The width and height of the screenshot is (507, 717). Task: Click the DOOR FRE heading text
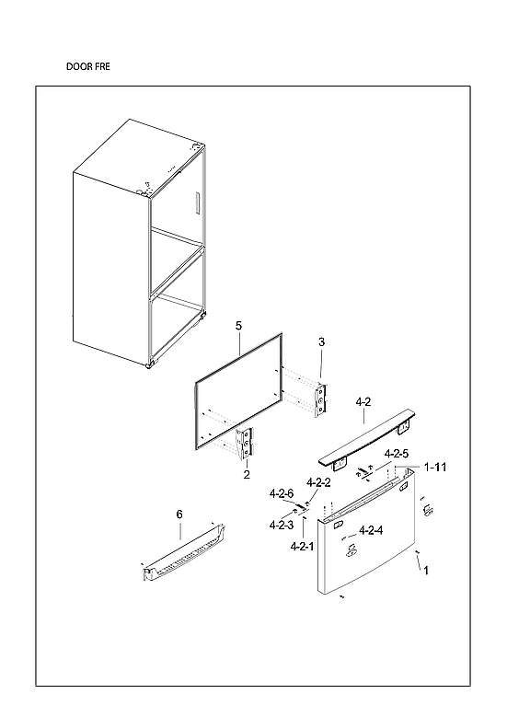(89, 67)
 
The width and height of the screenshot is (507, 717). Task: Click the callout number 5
(238, 326)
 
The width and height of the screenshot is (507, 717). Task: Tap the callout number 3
(321, 342)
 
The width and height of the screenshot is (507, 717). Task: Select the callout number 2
(247, 475)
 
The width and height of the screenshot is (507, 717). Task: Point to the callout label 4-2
(363, 402)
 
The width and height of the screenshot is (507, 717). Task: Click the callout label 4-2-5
(397, 454)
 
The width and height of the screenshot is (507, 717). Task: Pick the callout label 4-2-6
(281, 494)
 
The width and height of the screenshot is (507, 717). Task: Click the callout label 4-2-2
(318, 483)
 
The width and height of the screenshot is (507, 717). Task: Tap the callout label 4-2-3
(281, 525)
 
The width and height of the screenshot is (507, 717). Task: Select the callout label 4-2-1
(302, 546)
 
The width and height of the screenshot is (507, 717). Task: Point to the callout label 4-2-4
(371, 530)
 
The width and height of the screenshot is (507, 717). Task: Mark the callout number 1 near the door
(425, 571)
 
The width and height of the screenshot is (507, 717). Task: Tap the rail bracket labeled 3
(321, 399)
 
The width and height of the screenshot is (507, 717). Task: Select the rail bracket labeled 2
(245, 445)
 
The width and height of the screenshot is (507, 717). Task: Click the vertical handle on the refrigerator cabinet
(197, 204)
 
